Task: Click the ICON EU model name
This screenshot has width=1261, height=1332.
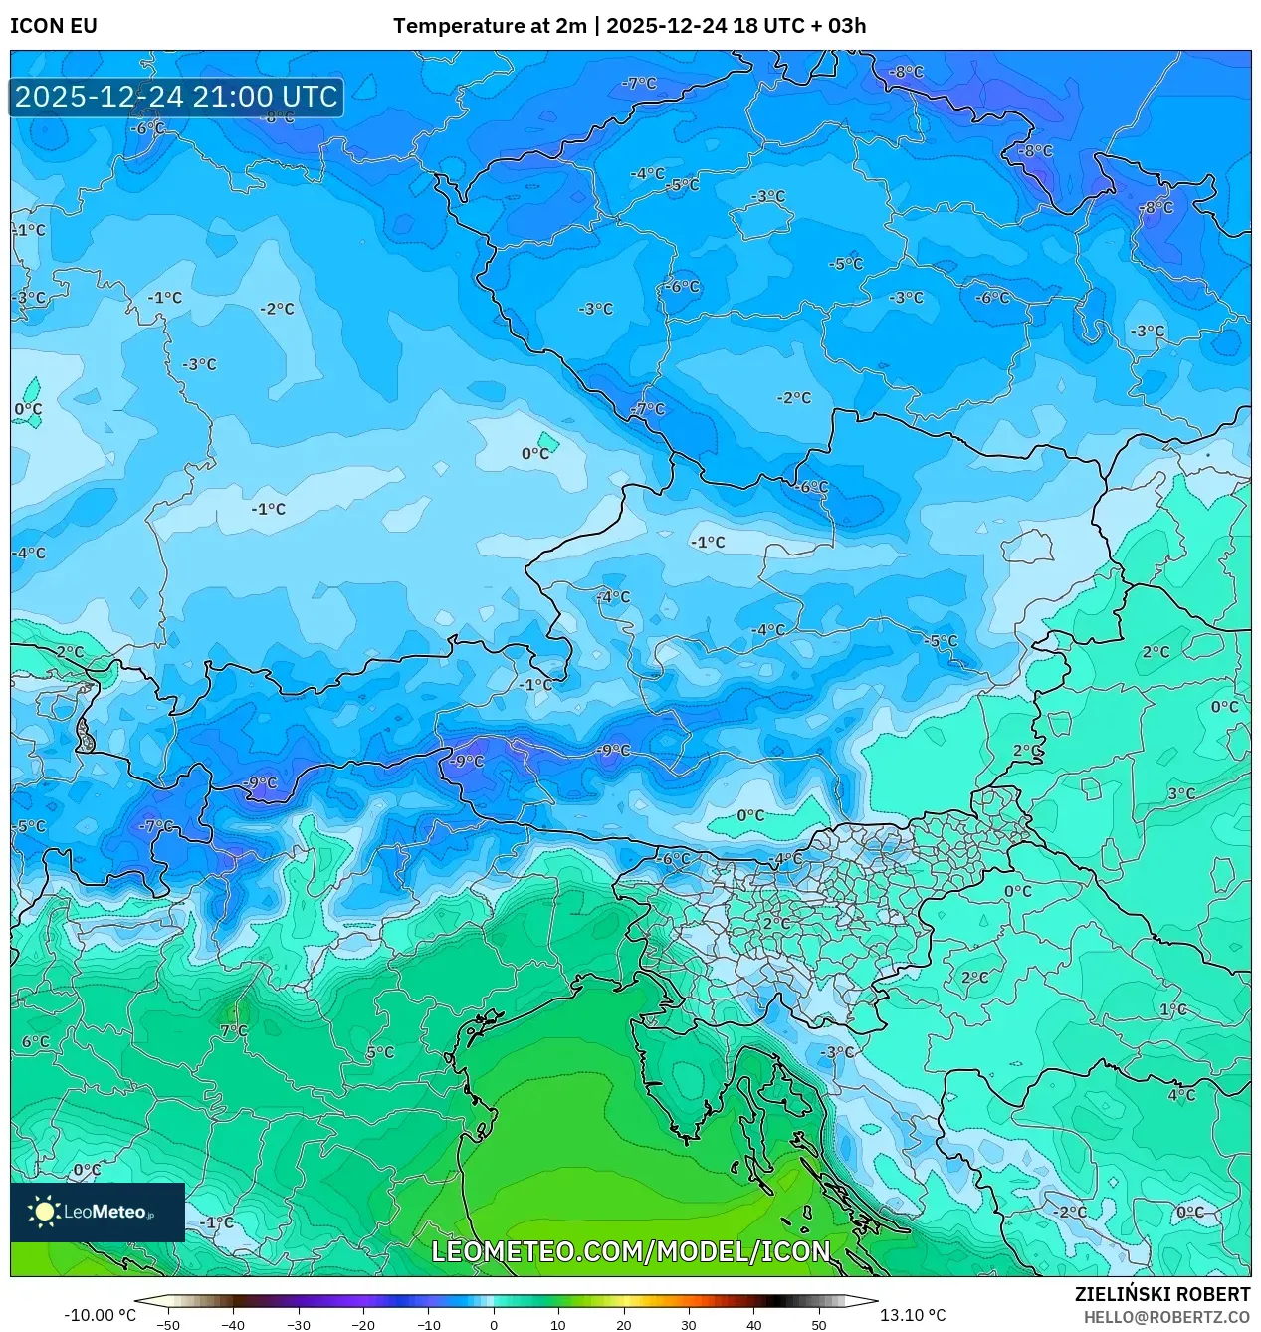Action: tap(54, 26)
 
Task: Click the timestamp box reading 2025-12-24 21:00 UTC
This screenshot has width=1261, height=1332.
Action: tap(176, 97)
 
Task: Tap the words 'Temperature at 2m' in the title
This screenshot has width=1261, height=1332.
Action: tap(490, 26)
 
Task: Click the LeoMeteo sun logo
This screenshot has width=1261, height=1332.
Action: tap(44, 1212)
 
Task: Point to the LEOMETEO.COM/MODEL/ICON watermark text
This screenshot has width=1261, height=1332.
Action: tap(630, 1251)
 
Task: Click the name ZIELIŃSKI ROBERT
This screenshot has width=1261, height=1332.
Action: tap(1161, 1294)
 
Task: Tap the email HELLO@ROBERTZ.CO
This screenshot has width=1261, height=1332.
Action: tap(1166, 1317)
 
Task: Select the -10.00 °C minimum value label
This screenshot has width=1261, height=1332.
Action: tap(100, 1315)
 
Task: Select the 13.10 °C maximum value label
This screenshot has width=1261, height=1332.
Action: tap(913, 1315)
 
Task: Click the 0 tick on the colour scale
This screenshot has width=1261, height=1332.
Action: tap(494, 1325)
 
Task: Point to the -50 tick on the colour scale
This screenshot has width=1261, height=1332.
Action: tap(168, 1325)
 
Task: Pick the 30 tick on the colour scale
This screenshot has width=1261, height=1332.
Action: tap(689, 1325)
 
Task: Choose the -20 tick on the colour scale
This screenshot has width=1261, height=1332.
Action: tap(363, 1325)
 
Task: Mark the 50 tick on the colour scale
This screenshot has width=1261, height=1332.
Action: tap(818, 1325)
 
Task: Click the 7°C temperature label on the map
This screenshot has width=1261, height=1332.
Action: tap(234, 1030)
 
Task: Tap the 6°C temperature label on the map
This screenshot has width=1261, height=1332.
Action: tap(35, 1042)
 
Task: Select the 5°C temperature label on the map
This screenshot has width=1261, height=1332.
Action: tap(380, 1052)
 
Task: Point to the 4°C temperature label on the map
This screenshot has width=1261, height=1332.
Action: tap(1181, 1095)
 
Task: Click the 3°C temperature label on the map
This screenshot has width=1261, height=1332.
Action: tap(1181, 793)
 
